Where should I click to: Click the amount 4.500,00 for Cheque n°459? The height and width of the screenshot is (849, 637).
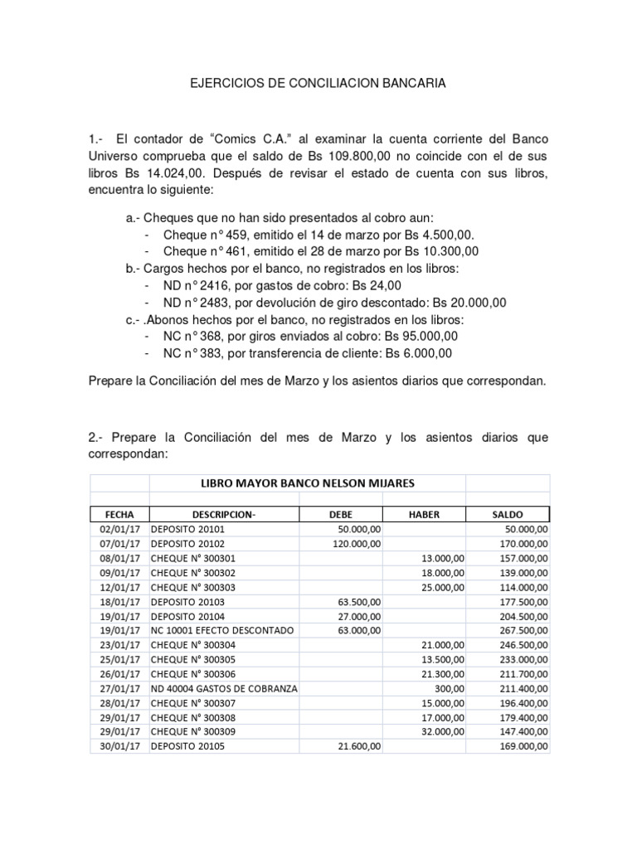[x=446, y=235]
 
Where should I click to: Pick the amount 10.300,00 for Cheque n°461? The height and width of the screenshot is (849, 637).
[x=450, y=251]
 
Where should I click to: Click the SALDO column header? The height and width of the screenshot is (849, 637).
[x=507, y=515]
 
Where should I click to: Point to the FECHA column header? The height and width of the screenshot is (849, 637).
[x=119, y=515]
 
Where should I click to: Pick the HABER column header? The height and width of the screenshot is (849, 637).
[x=424, y=515]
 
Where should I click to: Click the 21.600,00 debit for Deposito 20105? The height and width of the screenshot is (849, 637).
[x=358, y=747]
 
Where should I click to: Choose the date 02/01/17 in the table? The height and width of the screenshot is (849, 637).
[x=119, y=530]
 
